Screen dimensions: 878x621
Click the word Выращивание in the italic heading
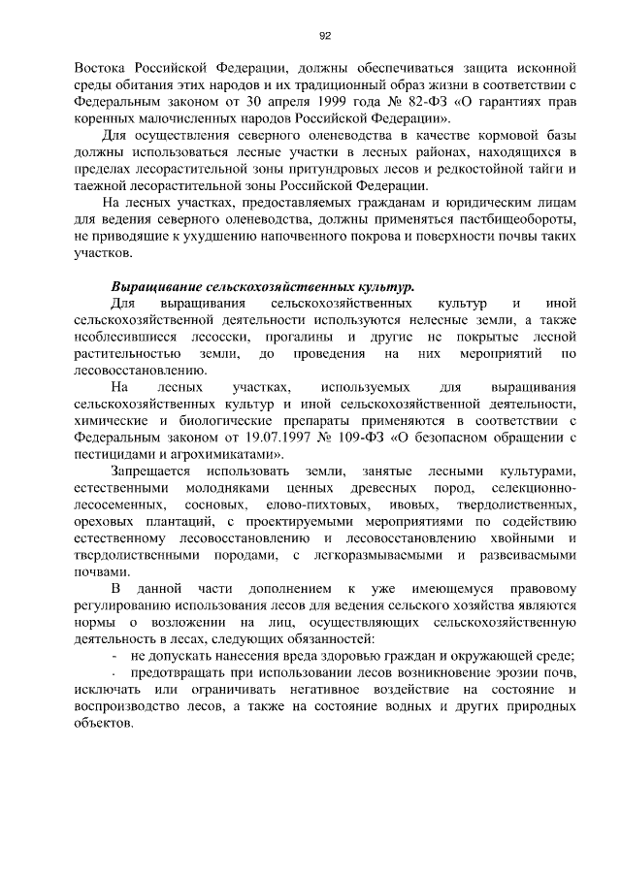159,289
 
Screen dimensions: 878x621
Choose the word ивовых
407,506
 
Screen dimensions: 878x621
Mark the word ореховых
104,524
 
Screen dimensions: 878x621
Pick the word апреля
241,99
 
